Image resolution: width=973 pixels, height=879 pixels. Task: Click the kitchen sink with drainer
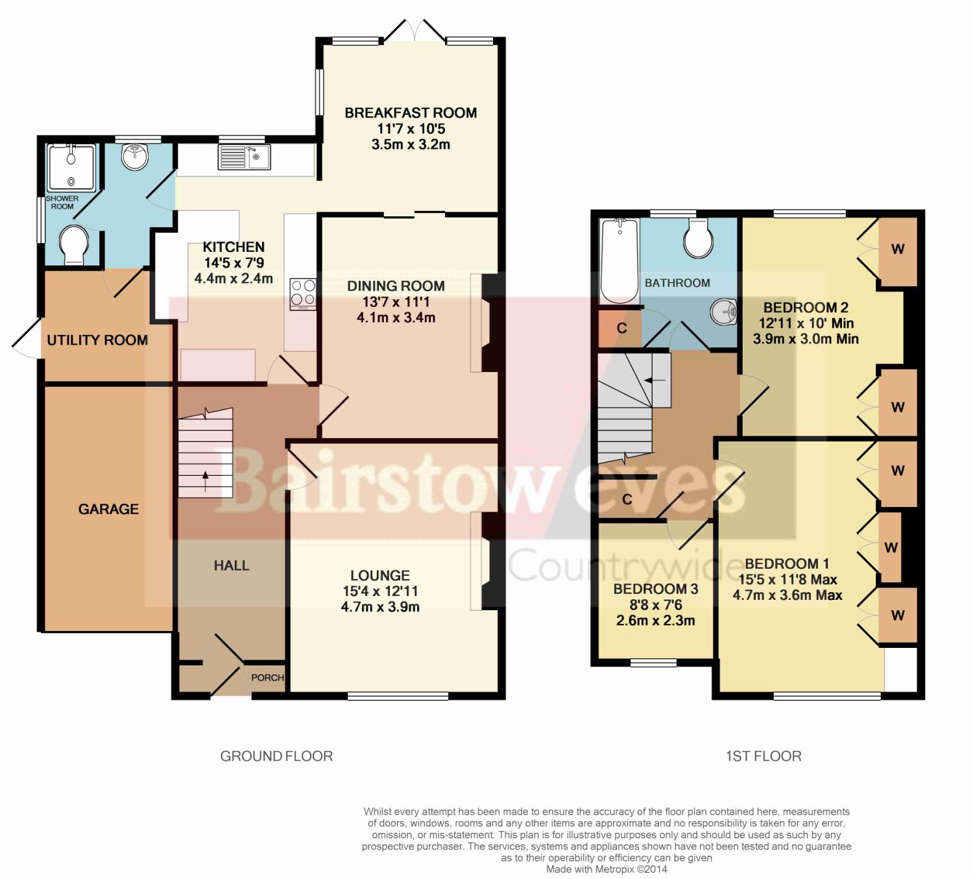coord(244,157)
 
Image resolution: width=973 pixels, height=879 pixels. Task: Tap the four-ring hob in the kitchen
coord(303,294)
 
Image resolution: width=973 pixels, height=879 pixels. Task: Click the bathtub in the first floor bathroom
coord(619,261)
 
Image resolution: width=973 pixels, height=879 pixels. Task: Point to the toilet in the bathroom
coord(698,238)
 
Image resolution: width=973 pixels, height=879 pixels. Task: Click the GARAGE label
coord(108,509)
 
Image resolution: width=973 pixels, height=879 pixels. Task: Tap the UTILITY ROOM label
coord(97,340)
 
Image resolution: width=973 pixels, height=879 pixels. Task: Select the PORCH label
coord(267,678)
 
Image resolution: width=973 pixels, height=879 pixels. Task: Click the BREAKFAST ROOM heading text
coord(411,113)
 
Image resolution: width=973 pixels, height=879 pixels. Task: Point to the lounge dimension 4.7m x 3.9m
coord(380,607)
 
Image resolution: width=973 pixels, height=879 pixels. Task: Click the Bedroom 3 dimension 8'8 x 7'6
coord(656,604)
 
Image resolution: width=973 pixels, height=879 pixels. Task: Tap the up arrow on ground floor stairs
coord(205,481)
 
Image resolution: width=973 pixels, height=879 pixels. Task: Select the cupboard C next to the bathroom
coord(620,328)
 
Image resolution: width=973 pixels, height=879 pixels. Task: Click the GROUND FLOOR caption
coord(276,756)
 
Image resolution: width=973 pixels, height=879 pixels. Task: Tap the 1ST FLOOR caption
coord(763,756)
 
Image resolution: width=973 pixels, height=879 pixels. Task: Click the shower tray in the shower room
coord(72,167)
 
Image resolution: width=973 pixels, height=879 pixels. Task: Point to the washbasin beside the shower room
coord(134,156)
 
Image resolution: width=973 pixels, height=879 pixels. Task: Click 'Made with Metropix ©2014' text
coord(607,869)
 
